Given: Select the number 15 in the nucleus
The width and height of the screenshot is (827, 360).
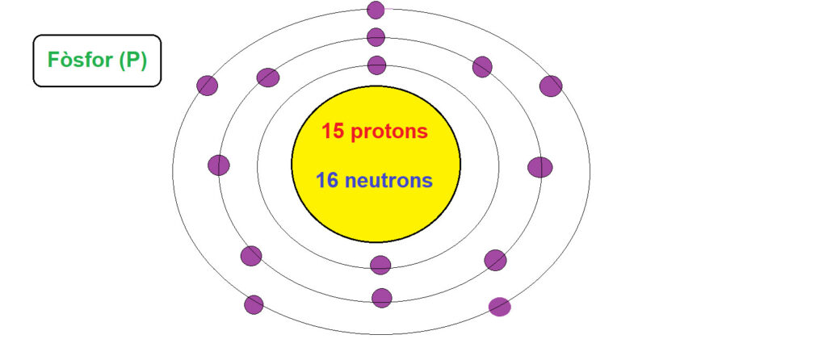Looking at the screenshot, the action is pos(334,132).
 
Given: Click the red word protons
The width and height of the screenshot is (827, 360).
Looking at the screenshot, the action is pos(389,132).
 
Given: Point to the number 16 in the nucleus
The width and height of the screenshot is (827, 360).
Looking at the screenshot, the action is pos(327,181).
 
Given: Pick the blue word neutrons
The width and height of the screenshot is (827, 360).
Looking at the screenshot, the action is pos(388,181).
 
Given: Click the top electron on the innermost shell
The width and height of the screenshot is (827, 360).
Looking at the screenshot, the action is pos(376,65).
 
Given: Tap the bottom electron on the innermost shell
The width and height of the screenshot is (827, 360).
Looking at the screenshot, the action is pos(380,265).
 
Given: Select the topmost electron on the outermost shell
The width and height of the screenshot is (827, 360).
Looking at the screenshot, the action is pos(376,10).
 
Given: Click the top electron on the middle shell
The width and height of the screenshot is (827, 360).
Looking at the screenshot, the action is pos(376,37).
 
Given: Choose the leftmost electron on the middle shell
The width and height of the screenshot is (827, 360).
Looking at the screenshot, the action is pos(219,165).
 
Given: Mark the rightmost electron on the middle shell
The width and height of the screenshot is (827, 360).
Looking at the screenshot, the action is pos(540,167).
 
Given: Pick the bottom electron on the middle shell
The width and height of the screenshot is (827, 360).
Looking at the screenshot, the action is pos(382,298).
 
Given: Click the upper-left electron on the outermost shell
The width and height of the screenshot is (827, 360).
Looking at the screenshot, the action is pos(208,86).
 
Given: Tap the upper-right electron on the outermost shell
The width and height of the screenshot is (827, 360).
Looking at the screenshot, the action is pos(551,86).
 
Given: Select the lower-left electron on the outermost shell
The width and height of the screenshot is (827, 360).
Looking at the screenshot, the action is pos(254,304).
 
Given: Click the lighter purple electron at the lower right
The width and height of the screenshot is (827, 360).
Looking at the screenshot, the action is pos(499,307).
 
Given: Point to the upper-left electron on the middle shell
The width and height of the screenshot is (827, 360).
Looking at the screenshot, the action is pos(268,77).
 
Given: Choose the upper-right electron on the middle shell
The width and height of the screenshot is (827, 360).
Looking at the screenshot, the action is pos(482,67).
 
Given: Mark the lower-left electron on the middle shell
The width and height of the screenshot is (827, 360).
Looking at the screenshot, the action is pos(251,256).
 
